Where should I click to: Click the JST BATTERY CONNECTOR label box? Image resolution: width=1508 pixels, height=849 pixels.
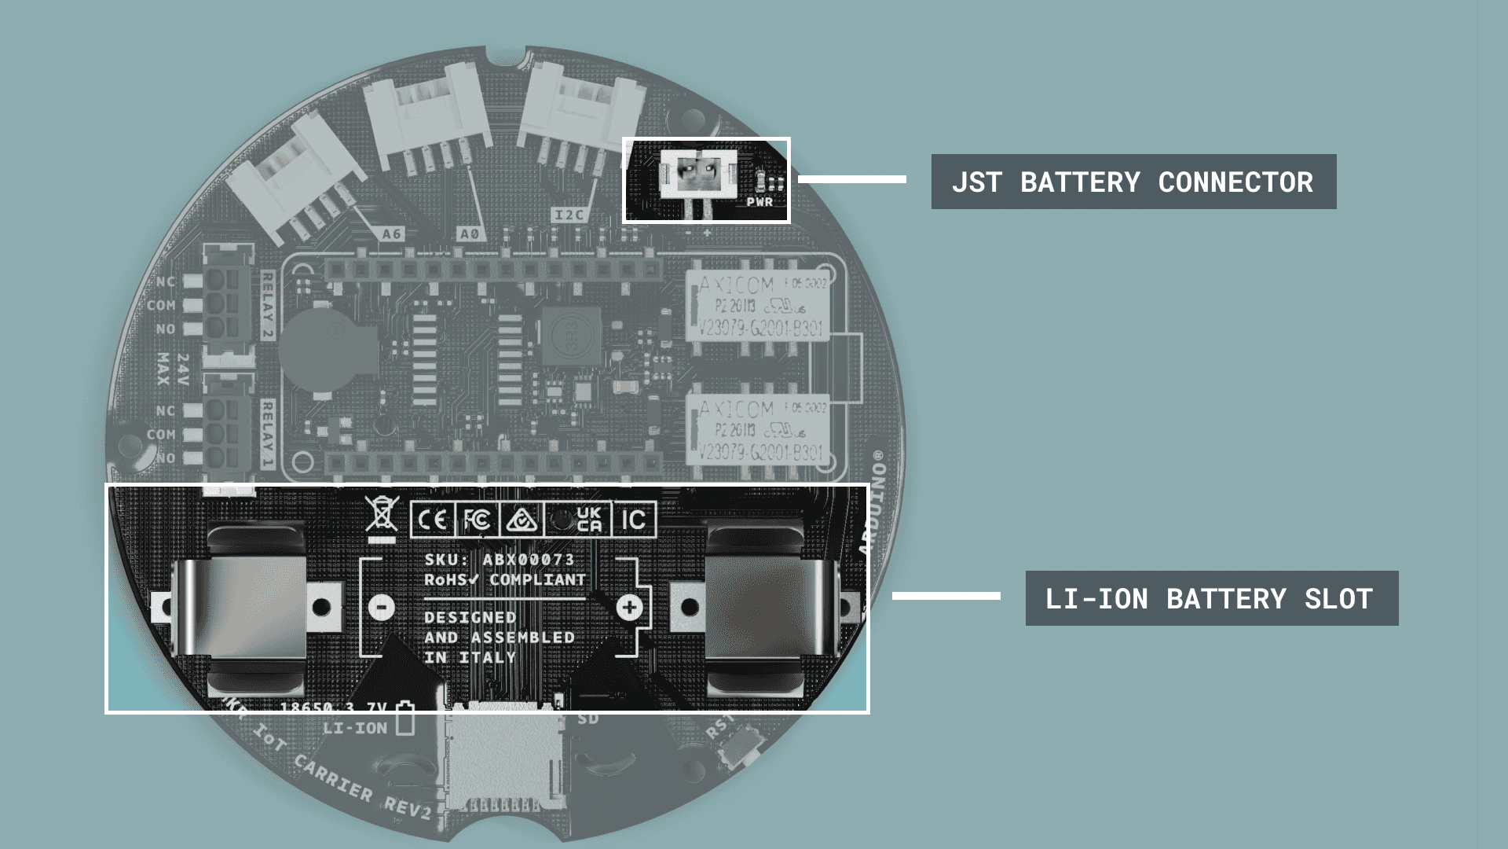point(1133,182)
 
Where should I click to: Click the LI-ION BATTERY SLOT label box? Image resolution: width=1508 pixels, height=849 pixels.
point(1211,598)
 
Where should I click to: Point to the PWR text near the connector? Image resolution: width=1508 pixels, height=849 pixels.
point(759,202)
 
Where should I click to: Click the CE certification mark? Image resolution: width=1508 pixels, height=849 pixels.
point(431,520)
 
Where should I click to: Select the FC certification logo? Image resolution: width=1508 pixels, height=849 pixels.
point(477,520)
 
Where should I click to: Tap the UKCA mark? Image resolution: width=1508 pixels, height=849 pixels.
point(589,520)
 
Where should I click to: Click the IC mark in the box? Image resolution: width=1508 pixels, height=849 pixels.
point(633,520)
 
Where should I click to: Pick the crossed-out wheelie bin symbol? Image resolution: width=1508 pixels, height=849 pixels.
point(382,517)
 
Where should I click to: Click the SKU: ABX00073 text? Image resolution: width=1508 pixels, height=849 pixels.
point(500,560)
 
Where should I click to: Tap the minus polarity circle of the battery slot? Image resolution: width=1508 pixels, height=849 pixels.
point(382,607)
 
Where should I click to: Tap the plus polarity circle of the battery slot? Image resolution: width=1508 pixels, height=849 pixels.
point(629,607)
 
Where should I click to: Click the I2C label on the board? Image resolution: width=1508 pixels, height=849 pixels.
point(569,215)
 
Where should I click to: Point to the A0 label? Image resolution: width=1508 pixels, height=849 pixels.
point(470,233)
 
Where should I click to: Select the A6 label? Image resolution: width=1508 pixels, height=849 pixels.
point(392,233)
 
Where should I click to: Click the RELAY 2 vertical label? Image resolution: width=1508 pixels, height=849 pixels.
point(268,305)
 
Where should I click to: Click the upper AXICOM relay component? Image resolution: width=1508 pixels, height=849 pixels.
point(758,307)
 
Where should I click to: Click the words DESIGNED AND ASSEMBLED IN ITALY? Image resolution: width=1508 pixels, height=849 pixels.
point(499,638)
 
